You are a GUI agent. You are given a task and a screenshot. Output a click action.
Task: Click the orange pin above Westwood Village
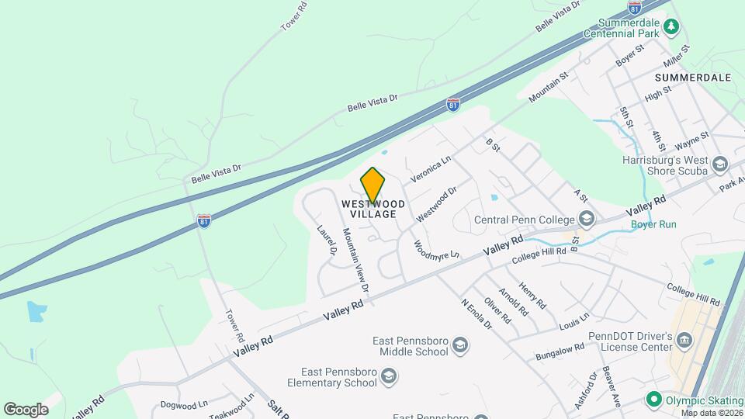[372, 185]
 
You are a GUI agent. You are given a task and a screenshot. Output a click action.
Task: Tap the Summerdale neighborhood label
[693, 78]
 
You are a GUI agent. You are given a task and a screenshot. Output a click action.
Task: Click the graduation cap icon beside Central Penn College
[586, 219]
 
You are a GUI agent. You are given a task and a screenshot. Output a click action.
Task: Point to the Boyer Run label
[653, 224]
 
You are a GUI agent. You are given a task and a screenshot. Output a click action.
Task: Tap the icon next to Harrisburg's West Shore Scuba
[720, 164]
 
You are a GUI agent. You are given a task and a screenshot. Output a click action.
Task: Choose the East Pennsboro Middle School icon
[460, 345]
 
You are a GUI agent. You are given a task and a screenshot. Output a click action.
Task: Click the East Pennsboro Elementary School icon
[389, 377]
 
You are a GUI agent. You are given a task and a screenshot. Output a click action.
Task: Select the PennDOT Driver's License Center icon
[684, 341]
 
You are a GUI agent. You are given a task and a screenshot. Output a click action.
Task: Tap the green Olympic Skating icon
[653, 400]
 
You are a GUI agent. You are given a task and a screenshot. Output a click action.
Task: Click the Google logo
[26, 409]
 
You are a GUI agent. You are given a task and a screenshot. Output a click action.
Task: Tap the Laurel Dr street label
[327, 241]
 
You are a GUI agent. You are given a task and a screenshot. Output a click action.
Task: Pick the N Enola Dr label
[476, 314]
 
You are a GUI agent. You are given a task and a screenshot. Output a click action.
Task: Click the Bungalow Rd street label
[559, 352]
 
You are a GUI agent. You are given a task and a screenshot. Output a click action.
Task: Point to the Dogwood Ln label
[184, 404]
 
